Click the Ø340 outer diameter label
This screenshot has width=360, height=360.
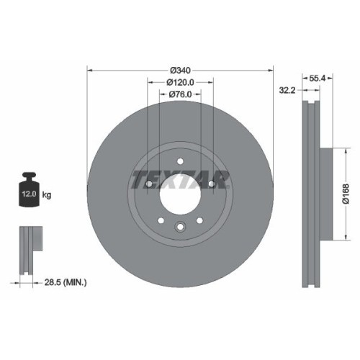click(x=180, y=70)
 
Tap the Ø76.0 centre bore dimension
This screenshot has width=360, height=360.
click(x=180, y=94)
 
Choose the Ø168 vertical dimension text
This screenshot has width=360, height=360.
click(x=346, y=194)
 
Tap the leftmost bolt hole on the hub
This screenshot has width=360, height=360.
click(x=148, y=184)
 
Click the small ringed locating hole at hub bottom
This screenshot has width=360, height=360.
click(x=180, y=229)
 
